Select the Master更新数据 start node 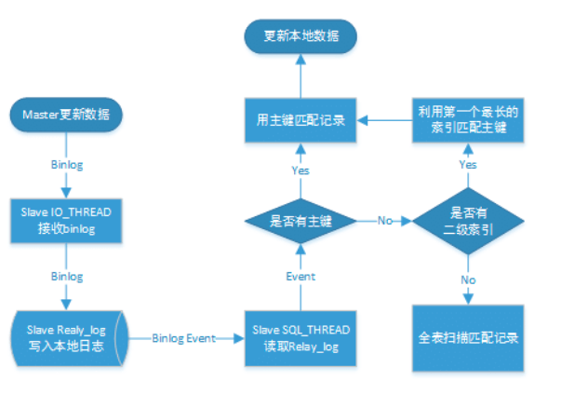coord(66,116)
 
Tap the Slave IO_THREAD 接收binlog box coord(66,220)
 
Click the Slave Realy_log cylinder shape coord(66,337)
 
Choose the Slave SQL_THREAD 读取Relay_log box coord(300,337)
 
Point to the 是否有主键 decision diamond coord(300,222)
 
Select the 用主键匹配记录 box coord(300,119)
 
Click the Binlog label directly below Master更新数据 coord(66,164)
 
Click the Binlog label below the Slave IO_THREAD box coord(66,277)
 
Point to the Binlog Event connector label coord(184,337)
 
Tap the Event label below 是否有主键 coord(300,277)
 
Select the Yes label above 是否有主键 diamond coord(300,170)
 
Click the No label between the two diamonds coord(384,222)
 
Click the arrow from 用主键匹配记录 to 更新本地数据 coord(300,75)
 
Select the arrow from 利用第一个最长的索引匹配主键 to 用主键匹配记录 coord(386,119)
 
